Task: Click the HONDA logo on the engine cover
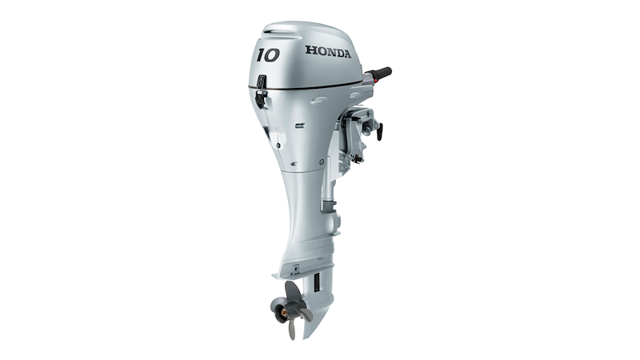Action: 328,51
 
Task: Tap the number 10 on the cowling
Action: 268,55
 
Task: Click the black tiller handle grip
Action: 382,73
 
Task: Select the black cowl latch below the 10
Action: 261,91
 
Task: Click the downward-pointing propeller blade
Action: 291,329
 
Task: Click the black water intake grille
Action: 316,283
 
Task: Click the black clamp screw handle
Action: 379,131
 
